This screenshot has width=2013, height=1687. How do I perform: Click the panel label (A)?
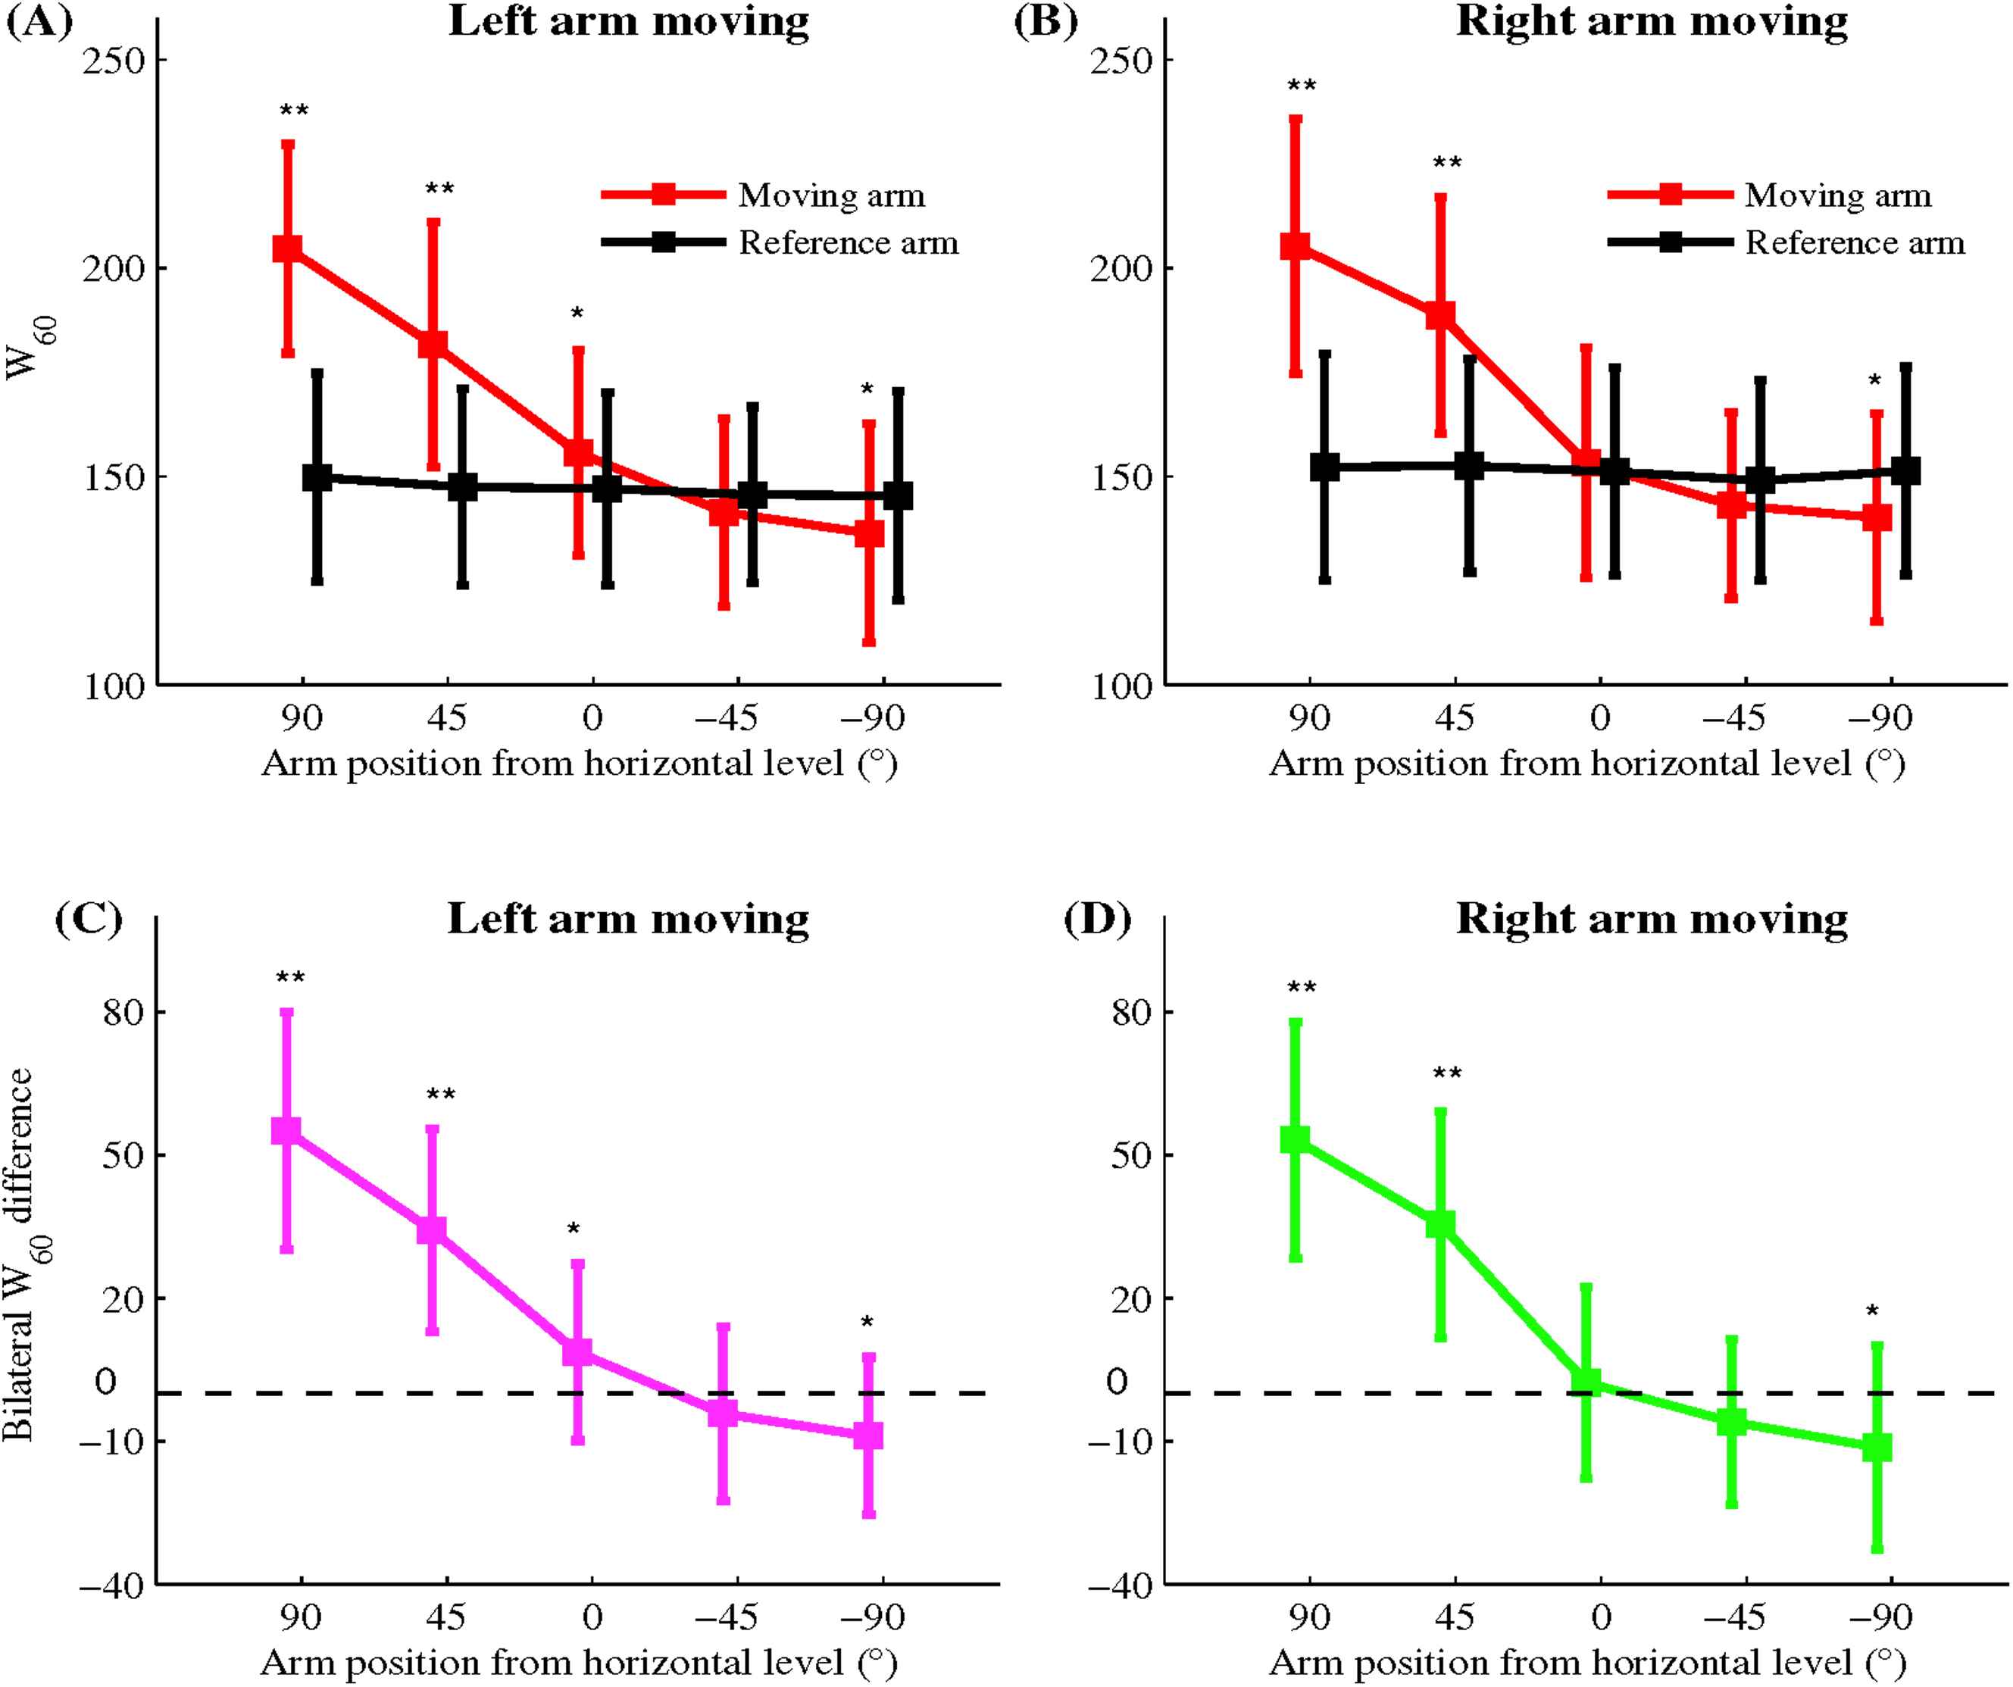[39, 21]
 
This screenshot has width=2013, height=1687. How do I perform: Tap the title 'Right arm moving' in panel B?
[1652, 21]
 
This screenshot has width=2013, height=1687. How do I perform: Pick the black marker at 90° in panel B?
[1325, 467]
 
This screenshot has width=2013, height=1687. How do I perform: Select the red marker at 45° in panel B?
[1439, 315]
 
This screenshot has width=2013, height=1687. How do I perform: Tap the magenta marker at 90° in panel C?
[286, 1131]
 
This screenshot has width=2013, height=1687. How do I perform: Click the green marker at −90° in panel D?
[1877, 1448]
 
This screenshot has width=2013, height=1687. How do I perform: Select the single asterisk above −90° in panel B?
[1874, 380]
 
